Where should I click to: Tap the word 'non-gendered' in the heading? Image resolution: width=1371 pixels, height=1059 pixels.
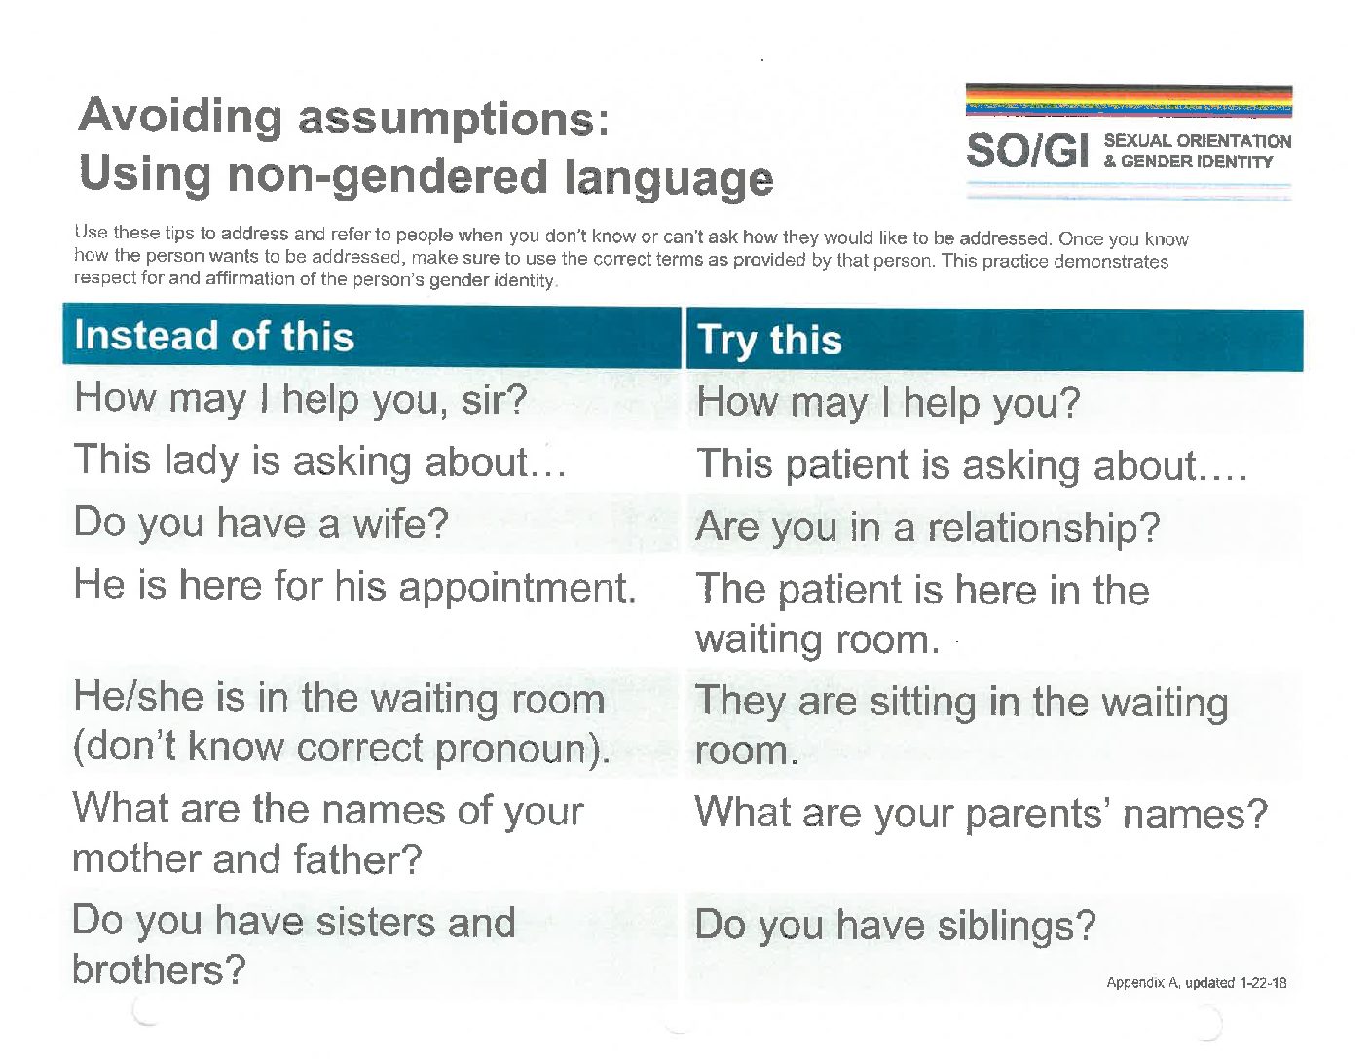(388, 177)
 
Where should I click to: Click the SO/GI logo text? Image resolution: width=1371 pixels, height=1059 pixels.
(1027, 152)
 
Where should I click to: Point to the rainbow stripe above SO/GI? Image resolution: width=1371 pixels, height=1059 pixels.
(1129, 101)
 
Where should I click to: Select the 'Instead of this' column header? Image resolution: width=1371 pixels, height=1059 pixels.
(214, 335)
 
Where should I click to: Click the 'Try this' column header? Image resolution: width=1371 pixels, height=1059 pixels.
(769, 341)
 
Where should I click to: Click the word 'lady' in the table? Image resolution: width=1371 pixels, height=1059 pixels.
(202, 460)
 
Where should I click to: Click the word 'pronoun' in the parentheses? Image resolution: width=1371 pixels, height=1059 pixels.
(511, 750)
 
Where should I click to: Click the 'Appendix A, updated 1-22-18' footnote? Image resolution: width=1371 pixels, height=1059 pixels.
(1197, 983)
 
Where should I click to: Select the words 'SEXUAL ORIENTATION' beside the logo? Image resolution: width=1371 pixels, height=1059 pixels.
(1197, 141)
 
